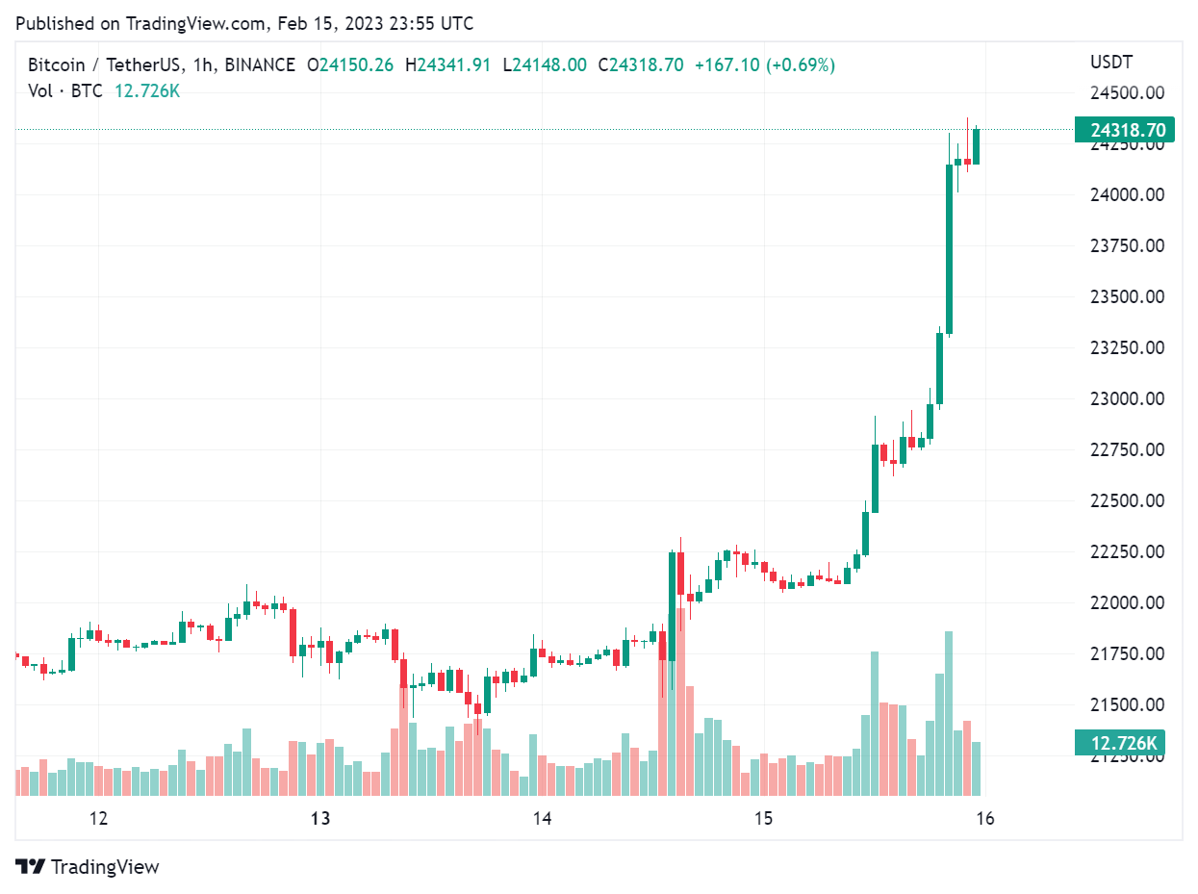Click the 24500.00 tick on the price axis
tap(1127, 93)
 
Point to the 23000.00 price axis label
tap(1127, 398)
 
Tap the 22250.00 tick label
tap(1127, 551)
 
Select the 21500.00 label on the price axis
tap(1127, 704)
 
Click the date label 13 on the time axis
tap(320, 819)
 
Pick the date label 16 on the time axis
tap(984, 819)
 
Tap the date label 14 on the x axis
tap(542, 819)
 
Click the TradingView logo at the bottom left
tap(88, 866)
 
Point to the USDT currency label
tap(1111, 63)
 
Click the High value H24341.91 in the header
tap(448, 65)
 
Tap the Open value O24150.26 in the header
tap(349, 65)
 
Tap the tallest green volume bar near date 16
tap(949, 712)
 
